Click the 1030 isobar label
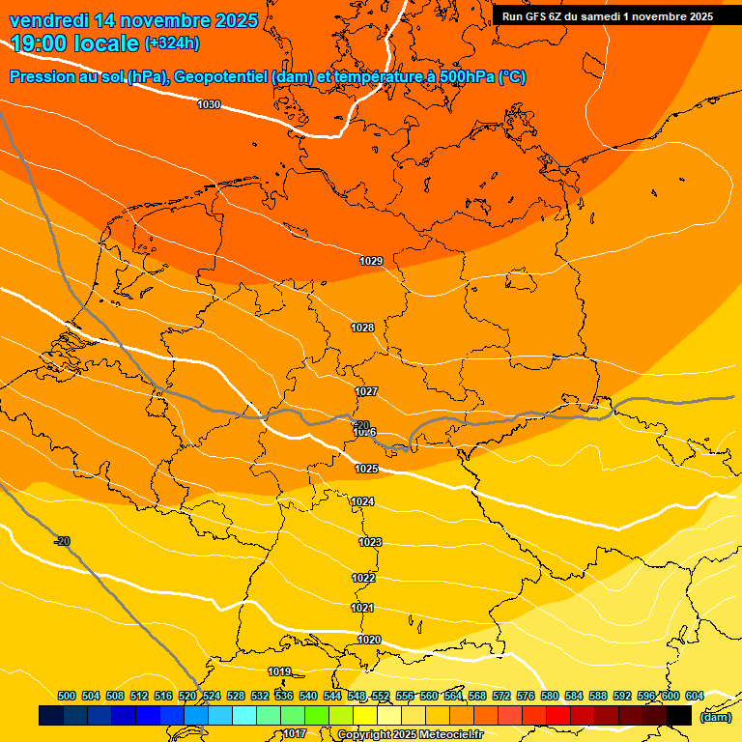(209, 104)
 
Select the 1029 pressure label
(371, 261)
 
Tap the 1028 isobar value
(362, 328)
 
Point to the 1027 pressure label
(366, 391)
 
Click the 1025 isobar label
(366, 469)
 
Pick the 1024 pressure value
(362, 501)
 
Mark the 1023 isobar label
(370, 542)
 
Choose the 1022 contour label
(363, 578)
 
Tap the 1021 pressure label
(362, 608)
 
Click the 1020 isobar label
(369, 640)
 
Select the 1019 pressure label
(279, 671)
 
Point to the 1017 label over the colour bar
(295, 734)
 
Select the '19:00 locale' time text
(74, 43)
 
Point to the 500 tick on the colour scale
(67, 696)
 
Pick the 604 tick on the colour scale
(694, 696)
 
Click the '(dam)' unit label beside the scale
(715, 716)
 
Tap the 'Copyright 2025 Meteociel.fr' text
(410, 734)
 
